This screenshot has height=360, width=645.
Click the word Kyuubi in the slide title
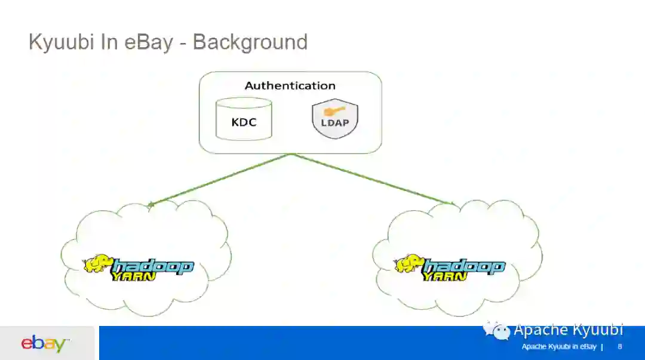pyautogui.click(x=62, y=42)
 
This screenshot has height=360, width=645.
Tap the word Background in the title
pyautogui.click(x=250, y=42)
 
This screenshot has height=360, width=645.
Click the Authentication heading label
pyautogui.click(x=290, y=85)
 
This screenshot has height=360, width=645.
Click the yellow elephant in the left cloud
pyautogui.click(x=97, y=264)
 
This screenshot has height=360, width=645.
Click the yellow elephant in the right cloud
pyautogui.click(x=408, y=264)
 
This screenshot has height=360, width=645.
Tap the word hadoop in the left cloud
pyautogui.click(x=152, y=267)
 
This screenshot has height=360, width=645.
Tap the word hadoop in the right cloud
pyautogui.click(x=464, y=267)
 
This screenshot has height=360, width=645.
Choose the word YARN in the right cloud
pyautogui.click(x=445, y=276)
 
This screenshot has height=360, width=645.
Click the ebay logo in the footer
pyautogui.click(x=45, y=344)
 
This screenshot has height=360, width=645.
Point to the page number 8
pyautogui.click(x=620, y=347)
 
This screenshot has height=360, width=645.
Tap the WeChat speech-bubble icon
pyautogui.click(x=497, y=330)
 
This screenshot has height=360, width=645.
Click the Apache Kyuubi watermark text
pyautogui.click(x=568, y=330)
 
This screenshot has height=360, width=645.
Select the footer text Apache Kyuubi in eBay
pyautogui.click(x=559, y=347)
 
